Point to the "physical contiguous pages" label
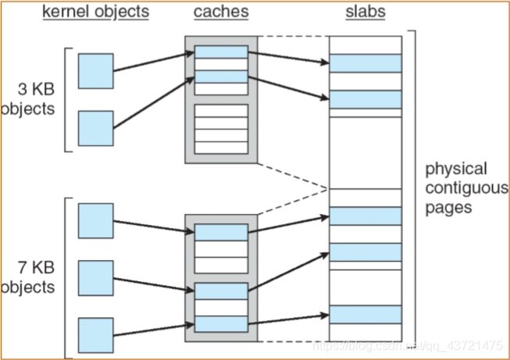(466, 189)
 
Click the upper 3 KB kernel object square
(95, 71)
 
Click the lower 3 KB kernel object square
(95, 128)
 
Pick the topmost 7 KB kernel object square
(95, 221)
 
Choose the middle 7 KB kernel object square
(95, 278)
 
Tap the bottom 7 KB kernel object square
(95, 334)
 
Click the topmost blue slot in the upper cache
(221, 52)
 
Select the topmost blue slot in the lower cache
(221, 231)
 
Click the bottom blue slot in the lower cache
(221, 323)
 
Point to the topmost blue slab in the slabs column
(365, 63)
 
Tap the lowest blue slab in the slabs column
(365, 314)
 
